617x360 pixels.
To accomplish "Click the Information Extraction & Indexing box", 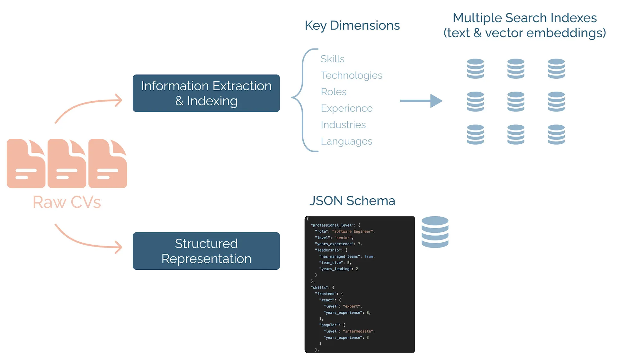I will pyautogui.click(x=206, y=93).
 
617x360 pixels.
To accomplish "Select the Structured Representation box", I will pyautogui.click(x=206, y=251).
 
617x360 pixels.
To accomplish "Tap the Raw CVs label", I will pyautogui.click(x=67, y=202).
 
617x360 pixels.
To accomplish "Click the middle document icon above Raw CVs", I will pyautogui.click(x=67, y=163).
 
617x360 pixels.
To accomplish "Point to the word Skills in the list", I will pyautogui.click(x=332, y=59).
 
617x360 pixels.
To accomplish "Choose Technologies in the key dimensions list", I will pyautogui.click(x=351, y=75).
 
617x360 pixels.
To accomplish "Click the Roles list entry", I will pyautogui.click(x=333, y=92).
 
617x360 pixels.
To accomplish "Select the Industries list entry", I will pyautogui.click(x=343, y=125).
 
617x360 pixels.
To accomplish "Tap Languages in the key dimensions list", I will pyautogui.click(x=346, y=141).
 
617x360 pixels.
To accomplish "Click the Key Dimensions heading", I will pyautogui.click(x=352, y=25).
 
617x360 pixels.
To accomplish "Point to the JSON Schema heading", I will pyautogui.click(x=352, y=201).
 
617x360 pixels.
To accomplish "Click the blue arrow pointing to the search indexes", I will pyautogui.click(x=421, y=101).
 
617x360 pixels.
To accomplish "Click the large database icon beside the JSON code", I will pyautogui.click(x=435, y=232).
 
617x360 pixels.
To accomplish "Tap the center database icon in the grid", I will pyautogui.click(x=515, y=102).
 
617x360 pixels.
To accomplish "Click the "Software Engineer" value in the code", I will pyautogui.click(x=353, y=231).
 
